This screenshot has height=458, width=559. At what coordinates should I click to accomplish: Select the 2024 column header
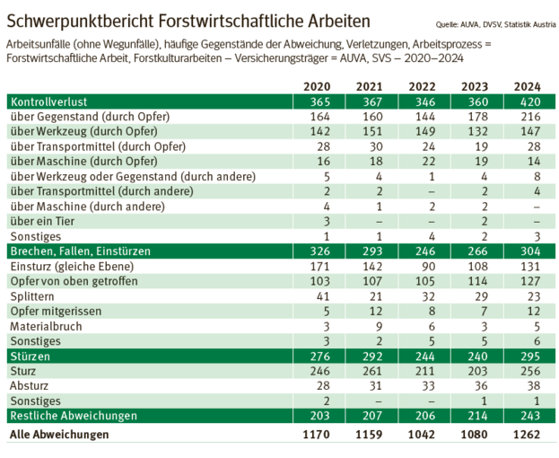click(528, 86)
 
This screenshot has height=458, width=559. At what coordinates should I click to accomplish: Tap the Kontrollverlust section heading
click(48, 101)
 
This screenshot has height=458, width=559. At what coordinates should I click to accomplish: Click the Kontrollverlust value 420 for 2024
click(528, 101)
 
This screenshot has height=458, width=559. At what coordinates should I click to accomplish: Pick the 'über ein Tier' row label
click(42, 221)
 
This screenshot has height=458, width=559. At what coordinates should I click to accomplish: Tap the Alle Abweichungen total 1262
click(528, 435)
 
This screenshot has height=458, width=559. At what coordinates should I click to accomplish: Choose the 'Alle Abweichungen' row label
click(58, 435)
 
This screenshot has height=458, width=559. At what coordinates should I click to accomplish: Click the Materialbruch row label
click(45, 326)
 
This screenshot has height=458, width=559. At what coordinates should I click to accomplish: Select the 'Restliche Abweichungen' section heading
click(73, 416)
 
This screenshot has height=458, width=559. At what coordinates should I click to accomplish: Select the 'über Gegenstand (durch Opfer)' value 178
click(473, 117)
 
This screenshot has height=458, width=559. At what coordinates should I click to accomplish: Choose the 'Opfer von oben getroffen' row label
click(69, 281)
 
